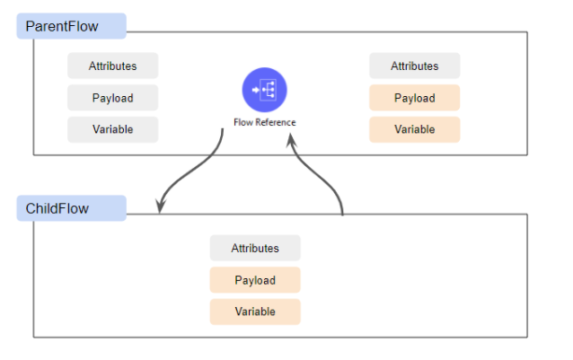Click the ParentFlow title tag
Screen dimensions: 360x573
[71, 26]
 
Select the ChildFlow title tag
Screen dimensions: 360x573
[71, 208]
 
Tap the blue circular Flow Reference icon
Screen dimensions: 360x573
[264, 91]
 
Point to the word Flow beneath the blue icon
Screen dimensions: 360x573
[242, 122]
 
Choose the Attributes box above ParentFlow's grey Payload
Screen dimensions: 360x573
[113, 66]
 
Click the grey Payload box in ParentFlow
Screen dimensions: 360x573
[113, 98]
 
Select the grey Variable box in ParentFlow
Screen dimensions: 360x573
[113, 129]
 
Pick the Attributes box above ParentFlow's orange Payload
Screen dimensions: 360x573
[415, 66]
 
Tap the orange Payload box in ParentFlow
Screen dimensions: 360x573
[415, 98]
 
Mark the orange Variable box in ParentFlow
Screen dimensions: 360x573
[415, 129]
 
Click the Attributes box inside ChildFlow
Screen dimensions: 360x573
[255, 248]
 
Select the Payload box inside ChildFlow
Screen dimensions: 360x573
[255, 280]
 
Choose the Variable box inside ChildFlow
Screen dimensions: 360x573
[255, 312]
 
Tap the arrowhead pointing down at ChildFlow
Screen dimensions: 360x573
[160, 206]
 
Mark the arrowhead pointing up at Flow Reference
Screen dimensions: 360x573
[289, 140]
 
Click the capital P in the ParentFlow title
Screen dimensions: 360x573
[31, 26]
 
